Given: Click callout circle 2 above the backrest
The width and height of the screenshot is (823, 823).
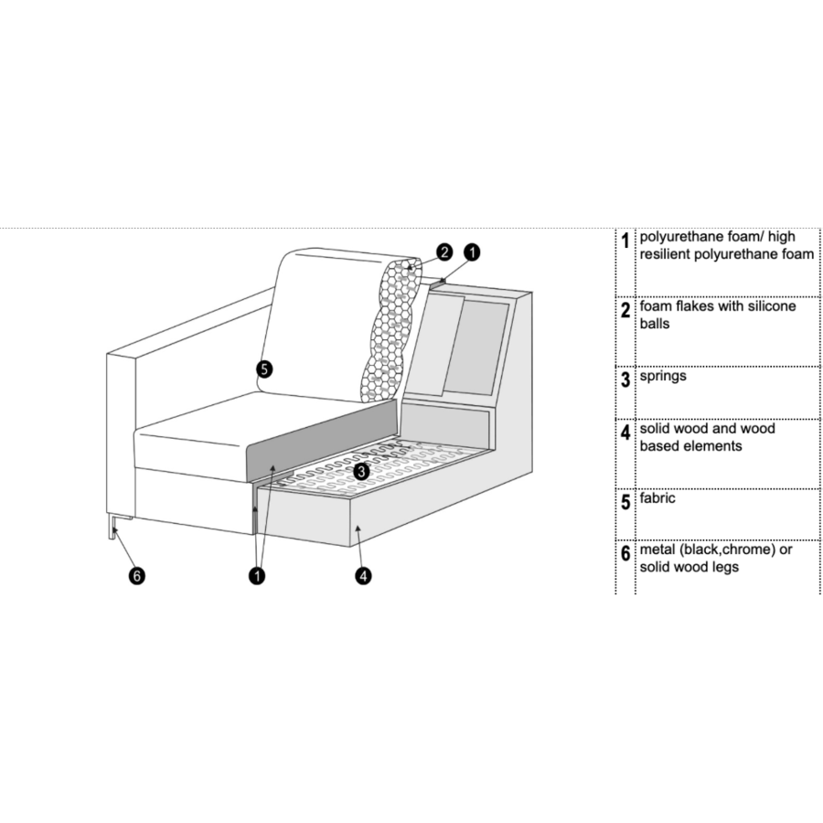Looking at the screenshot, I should point(444,251).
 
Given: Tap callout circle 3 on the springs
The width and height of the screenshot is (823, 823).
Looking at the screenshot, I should point(361,471).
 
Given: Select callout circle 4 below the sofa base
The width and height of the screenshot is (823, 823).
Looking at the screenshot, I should point(364,576).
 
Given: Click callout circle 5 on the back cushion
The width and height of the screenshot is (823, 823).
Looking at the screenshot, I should point(264,369).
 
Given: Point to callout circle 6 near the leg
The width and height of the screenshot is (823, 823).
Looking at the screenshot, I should point(138,576).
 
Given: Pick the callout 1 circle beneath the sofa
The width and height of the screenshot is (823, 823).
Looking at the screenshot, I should point(257,576).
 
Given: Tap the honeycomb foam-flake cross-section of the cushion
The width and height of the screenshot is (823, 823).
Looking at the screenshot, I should point(389,329).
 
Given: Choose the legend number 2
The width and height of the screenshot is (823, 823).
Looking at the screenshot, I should point(625,310).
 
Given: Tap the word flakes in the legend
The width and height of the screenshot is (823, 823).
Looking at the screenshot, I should point(695,306).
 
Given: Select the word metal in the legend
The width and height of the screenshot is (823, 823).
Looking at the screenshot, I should point(658,550).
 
